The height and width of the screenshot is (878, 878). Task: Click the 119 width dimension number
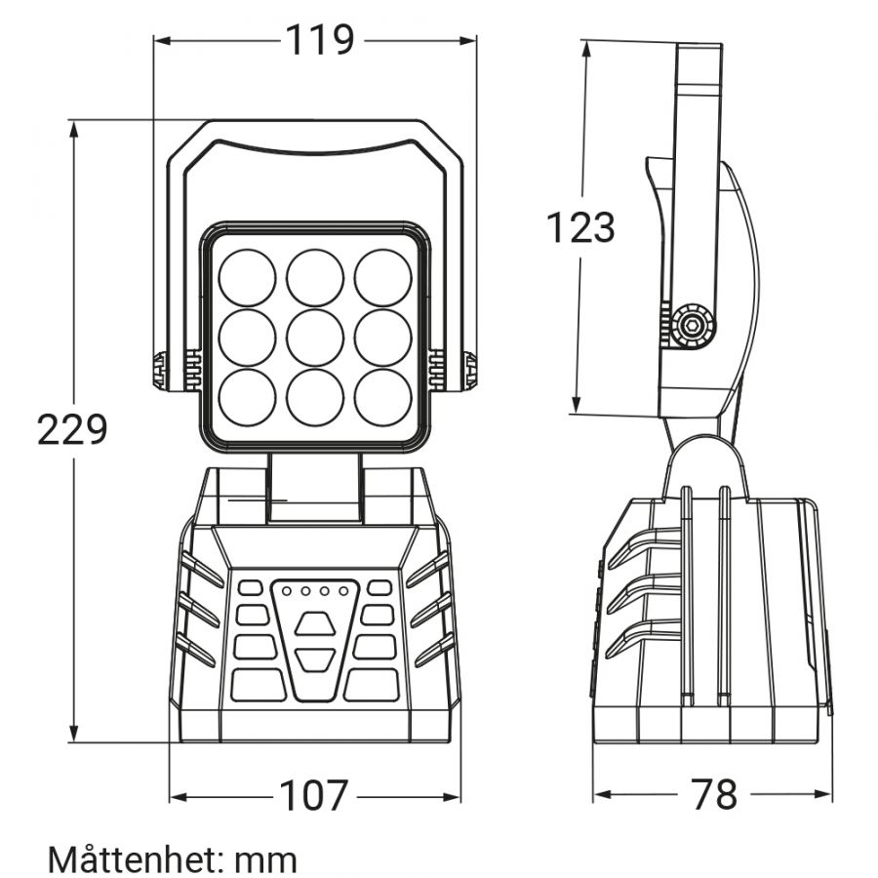click(320, 40)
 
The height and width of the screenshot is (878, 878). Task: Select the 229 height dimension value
click(71, 429)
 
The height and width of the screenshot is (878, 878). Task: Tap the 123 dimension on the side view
click(580, 227)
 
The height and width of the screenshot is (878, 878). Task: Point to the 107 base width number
click(313, 796)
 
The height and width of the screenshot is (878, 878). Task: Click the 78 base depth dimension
click(714, 794)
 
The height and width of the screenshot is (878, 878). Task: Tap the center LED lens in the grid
click(315, 338)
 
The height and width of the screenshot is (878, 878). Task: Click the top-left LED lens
click(247, 278)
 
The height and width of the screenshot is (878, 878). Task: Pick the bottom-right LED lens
click(383, 397)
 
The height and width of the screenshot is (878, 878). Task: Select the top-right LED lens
click(383, 278)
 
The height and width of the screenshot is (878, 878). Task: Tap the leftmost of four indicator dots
click(287, 591)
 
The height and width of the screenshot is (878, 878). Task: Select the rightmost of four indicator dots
click(343, 591)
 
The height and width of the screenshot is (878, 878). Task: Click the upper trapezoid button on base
click(315, 623)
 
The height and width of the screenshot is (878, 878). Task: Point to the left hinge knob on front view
click(161, 370)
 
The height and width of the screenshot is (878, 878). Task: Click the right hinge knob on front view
click(470, 370)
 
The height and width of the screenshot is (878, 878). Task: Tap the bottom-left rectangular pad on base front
click(259, 686)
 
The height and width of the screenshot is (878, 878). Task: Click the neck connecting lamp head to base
click(314, 489)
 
